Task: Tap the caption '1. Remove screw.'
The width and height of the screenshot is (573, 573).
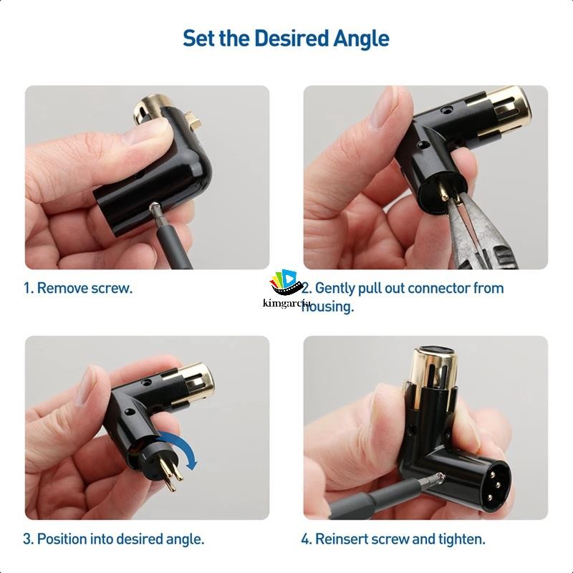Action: [x=77, y=288]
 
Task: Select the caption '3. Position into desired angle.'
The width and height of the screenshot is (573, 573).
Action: [x=113, y=539]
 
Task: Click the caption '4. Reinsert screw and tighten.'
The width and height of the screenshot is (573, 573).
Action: [x=393, y=539]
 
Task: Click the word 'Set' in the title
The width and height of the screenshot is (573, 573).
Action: [x=199, y=38]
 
